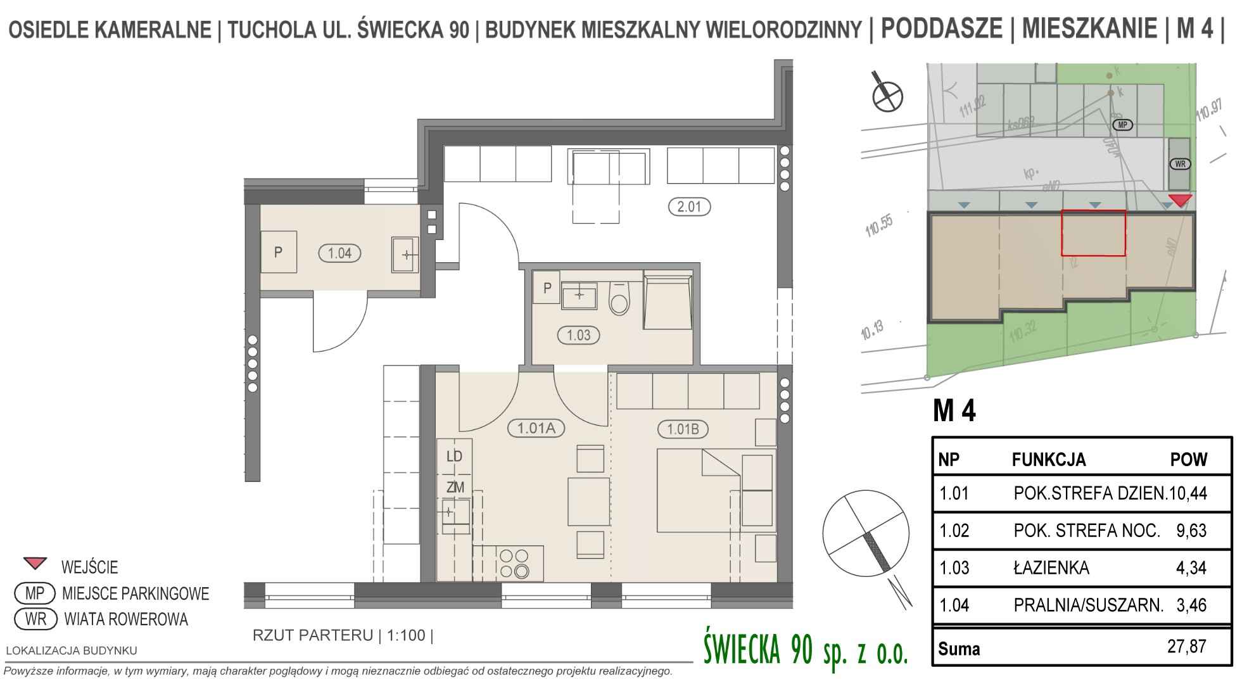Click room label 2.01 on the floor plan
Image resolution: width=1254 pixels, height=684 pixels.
pos(689,206)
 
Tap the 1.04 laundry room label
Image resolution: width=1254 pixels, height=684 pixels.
pos(339,253)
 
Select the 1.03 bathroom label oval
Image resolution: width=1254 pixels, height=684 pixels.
pos(578,335)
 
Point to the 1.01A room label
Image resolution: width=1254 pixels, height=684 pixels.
pos(536,429)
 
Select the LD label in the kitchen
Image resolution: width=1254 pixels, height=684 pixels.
pos(454,457)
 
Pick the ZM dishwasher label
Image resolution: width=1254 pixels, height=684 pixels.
pos(455,488)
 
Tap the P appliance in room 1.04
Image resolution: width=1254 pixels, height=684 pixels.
pos(278,253)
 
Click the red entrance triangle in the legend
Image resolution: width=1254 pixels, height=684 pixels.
pos(35,563)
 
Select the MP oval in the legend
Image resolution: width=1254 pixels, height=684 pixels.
pos(35,593)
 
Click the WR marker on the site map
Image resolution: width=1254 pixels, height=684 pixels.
pos(1179,164)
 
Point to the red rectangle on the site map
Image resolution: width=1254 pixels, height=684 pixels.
pos(1093,233)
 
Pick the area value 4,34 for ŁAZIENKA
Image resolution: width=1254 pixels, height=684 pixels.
pos(1191,567)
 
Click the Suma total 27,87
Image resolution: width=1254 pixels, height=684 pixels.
pos(1186,647)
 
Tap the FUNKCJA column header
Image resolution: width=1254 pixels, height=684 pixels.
pos(1048,460)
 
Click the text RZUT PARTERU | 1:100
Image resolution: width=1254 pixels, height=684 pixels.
pos(343,635)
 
